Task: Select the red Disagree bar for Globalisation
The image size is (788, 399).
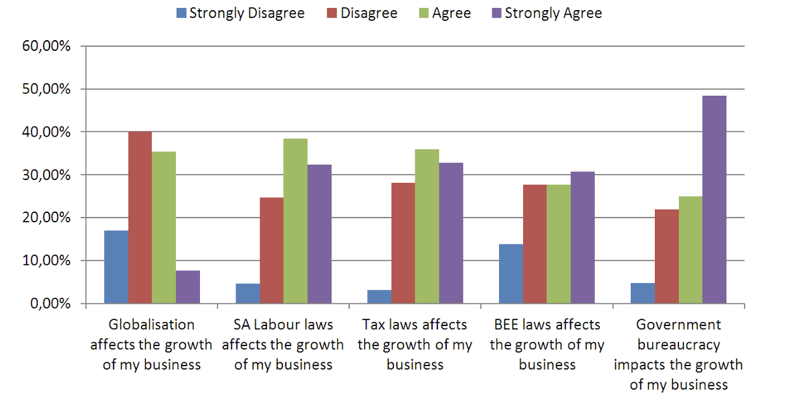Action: [x=140, y=218]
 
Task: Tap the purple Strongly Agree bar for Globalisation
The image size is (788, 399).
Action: [x=188, y=287]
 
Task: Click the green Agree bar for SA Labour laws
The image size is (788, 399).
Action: [x=296, y=221]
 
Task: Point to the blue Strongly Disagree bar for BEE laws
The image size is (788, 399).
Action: [x=511, y=274]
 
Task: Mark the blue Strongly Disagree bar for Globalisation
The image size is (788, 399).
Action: [x=116, y=267]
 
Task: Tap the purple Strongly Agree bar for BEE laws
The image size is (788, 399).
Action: [x=583, y=238]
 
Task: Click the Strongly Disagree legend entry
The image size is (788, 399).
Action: [x=240, y=13]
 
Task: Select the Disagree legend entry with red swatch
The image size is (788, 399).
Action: [x=361, y=13]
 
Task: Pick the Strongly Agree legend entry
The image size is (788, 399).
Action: [x=545, y=13]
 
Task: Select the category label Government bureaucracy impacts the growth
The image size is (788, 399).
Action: [x=678, y=355]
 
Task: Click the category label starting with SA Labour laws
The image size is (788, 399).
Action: [x=283, y=345]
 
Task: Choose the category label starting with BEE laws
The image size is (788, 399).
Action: [x=547, y=345]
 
